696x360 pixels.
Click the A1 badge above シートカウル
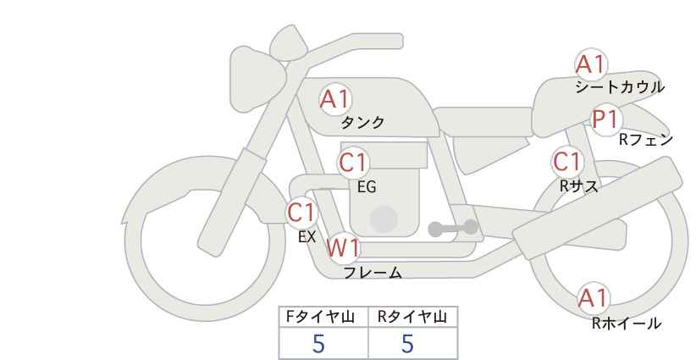pyautogui.click(x=591, y=64)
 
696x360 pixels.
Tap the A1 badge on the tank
pyautogui.click(x=335, y=99)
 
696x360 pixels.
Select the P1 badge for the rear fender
pyautogui.click(x=605, y=119)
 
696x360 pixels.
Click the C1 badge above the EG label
pyautogui.click(x=354, y=162)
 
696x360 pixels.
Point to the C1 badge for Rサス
pyautogui.click(x=567, y=161)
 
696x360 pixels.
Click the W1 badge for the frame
pyautogui.click(x=344, y=248)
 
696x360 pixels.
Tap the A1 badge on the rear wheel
pyautogui.click(x=593, y=297)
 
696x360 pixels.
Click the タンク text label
pyautogui.click(x=362, y=123)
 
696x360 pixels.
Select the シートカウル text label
pyautogui.click(x=619, y=87)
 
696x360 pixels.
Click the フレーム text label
pyautogui.click(x=373, y=273)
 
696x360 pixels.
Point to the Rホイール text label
pyautogui.click(x=626, y=323)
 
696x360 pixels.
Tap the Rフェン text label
pyautogui.click(x=645, y=140)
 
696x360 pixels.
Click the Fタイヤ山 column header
pyautogui.click(x=324, y=317)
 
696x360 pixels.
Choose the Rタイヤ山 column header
pyautogui.click(x=412, y=317)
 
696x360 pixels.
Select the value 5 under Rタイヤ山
pyautogui.click(x=408, y=343)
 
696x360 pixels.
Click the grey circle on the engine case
pyautogui.click(x=384, y=219)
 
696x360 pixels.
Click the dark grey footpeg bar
pyautogui.click(x=452, y=228)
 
